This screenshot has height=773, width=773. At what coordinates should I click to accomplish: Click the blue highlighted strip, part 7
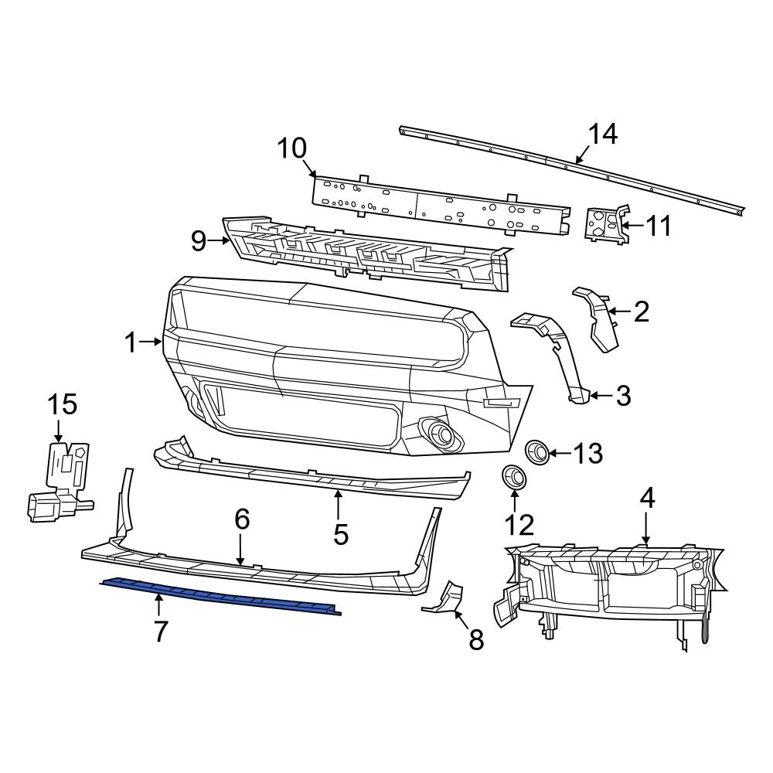[220, 596]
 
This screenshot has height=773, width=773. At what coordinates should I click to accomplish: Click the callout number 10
[292, 148]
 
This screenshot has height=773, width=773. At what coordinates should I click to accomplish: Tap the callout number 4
[646, 499]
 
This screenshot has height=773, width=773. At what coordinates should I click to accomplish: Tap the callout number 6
[242, 519]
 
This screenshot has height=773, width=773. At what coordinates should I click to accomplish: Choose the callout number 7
[159, 632]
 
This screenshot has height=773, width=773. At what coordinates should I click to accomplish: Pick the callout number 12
[519, 526]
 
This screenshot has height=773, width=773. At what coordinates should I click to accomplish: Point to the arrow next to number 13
[560, 453]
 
